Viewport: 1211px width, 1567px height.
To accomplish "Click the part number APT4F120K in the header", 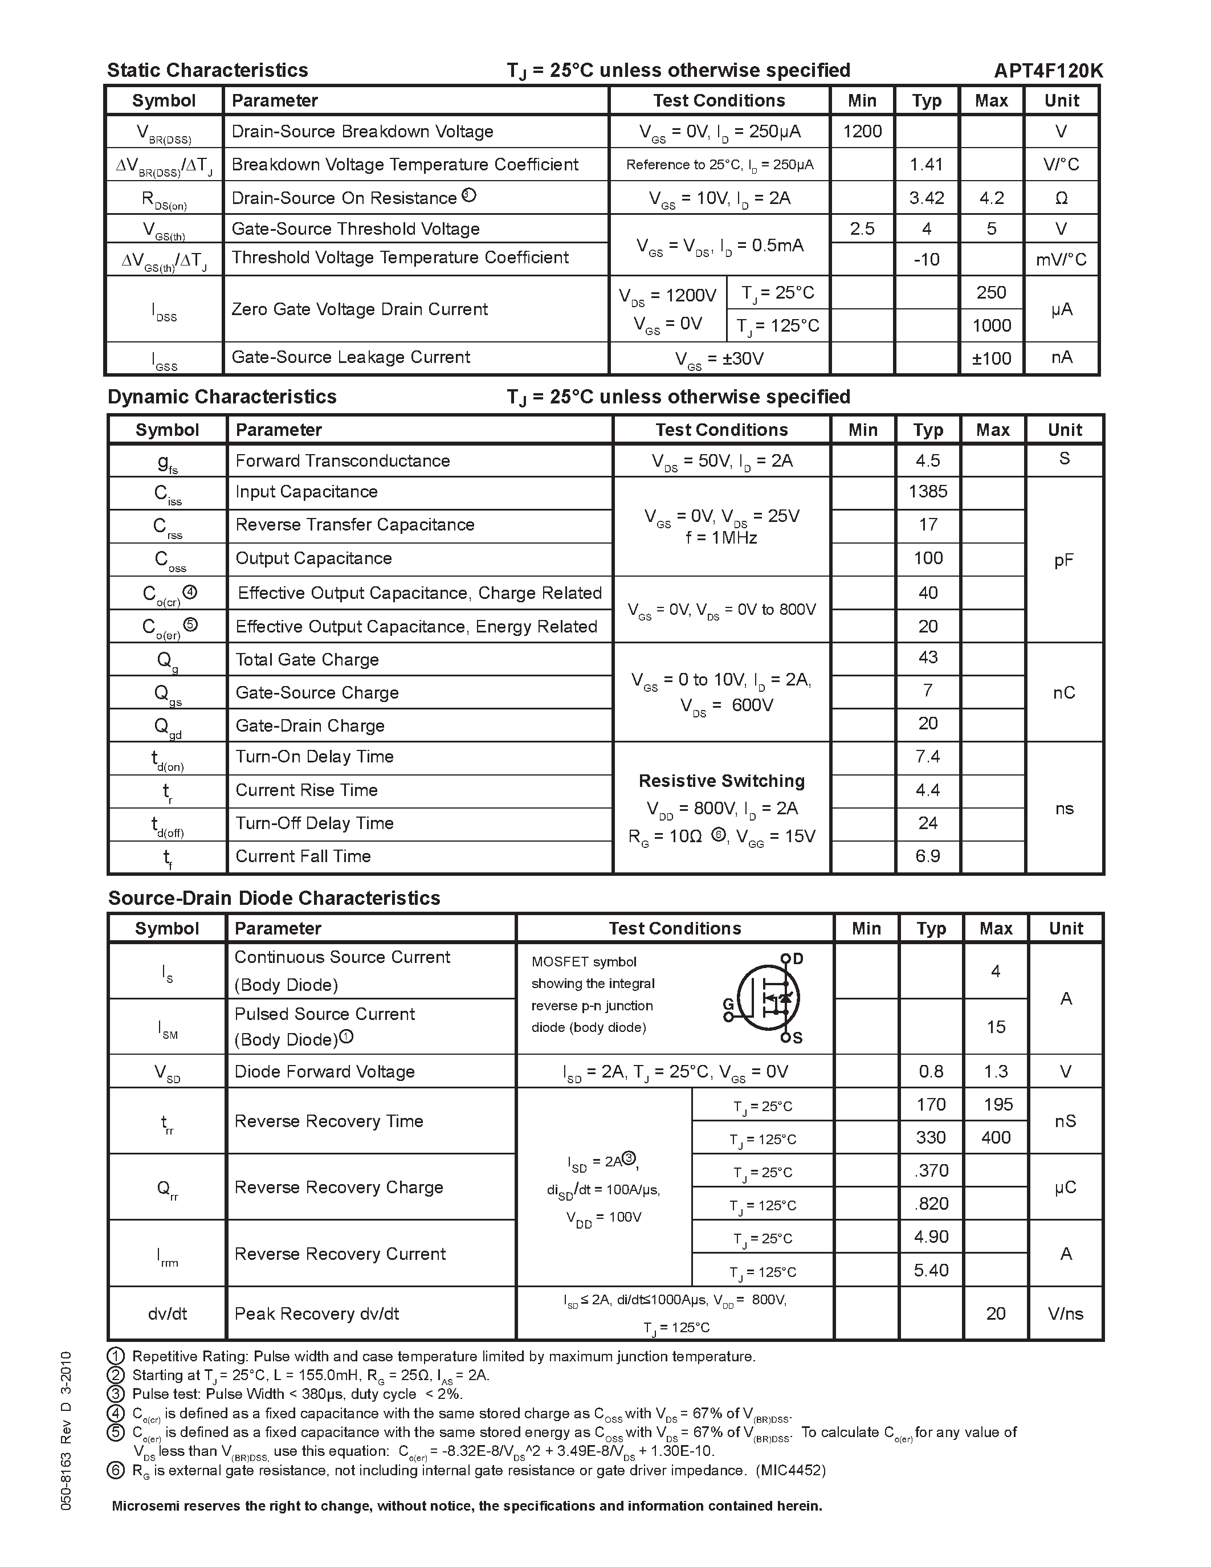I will point(1048,70).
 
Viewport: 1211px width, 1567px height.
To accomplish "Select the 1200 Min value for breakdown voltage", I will point(862,131).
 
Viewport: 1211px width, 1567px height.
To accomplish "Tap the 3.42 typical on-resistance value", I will point(926,198).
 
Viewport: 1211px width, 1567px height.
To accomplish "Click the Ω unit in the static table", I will point(1061,199).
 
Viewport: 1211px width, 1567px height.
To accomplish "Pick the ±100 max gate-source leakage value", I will point(992,358).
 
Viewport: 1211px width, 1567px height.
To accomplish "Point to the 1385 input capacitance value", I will point(928,492).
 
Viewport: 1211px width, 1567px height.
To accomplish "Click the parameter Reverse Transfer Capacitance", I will point(354,524).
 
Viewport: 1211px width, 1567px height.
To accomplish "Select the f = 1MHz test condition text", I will point(721,537).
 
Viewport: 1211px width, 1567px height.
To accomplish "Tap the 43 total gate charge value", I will point(928,657).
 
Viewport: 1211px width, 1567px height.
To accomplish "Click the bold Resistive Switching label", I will point(721,781).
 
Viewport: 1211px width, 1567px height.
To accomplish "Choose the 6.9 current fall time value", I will point(928,856).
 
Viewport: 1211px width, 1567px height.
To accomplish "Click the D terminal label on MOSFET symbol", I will point(798,958).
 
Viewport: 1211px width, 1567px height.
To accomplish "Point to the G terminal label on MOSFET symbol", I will point(728,1004).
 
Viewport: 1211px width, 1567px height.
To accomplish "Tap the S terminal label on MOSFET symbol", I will point(798,1038).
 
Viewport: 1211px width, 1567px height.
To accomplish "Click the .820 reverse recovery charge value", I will point(931,1203).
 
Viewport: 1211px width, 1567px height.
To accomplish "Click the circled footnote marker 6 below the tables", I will point(116,1471).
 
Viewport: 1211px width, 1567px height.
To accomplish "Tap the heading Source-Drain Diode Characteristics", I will point(274,898).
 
